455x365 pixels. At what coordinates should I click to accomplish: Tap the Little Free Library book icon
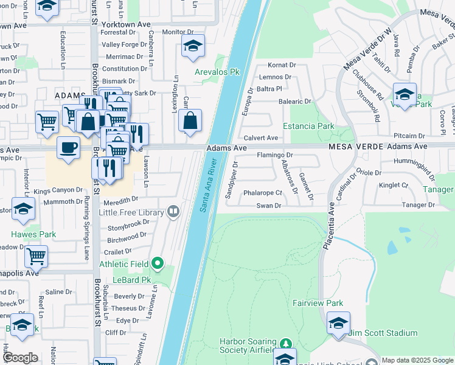[174, 212]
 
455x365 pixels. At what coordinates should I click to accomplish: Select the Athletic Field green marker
[158, 263]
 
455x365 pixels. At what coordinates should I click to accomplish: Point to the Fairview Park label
[318, 303]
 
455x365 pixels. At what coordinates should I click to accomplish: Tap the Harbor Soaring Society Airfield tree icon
[286, 344]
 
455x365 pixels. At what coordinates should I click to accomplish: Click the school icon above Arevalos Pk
[193, 46]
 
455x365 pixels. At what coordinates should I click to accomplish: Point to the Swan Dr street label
[269, 206]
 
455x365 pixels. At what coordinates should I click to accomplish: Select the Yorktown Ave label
[127, 24]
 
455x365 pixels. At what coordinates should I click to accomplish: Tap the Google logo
[20, 358]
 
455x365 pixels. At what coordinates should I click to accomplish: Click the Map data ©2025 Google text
[417, 360]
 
